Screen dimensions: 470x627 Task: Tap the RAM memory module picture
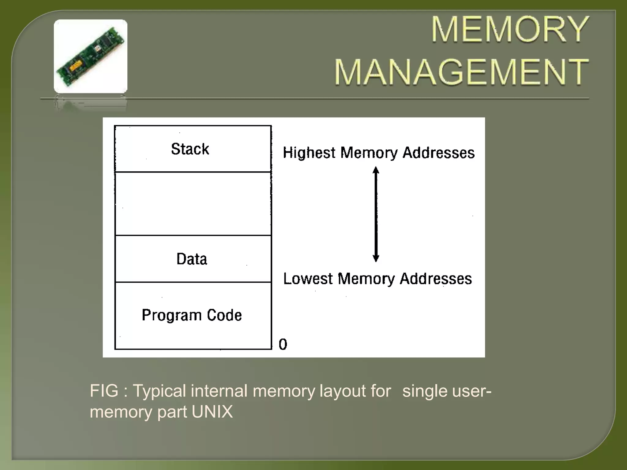coord(91,56)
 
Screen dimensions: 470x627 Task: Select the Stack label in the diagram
coord(190,149)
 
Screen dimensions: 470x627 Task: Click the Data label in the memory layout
coord(192,259)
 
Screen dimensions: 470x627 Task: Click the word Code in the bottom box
coord(224,315)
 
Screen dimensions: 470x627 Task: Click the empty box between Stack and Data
coord(193,204)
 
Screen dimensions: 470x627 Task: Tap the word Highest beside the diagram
coord(309,153)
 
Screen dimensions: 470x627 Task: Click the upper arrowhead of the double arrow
coord(376,170)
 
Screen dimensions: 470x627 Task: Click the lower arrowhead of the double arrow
coord(376,258)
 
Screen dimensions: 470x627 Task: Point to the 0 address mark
coord(283,344)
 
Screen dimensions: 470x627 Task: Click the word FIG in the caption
coord(104,391)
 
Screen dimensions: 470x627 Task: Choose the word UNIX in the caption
coord(212,412)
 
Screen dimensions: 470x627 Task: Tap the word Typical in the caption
coord(159,391)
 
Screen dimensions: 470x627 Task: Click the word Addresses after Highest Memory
coord(438,153)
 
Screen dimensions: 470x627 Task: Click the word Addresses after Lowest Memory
coord(436,279)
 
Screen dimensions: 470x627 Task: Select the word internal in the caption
coord(219,391)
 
